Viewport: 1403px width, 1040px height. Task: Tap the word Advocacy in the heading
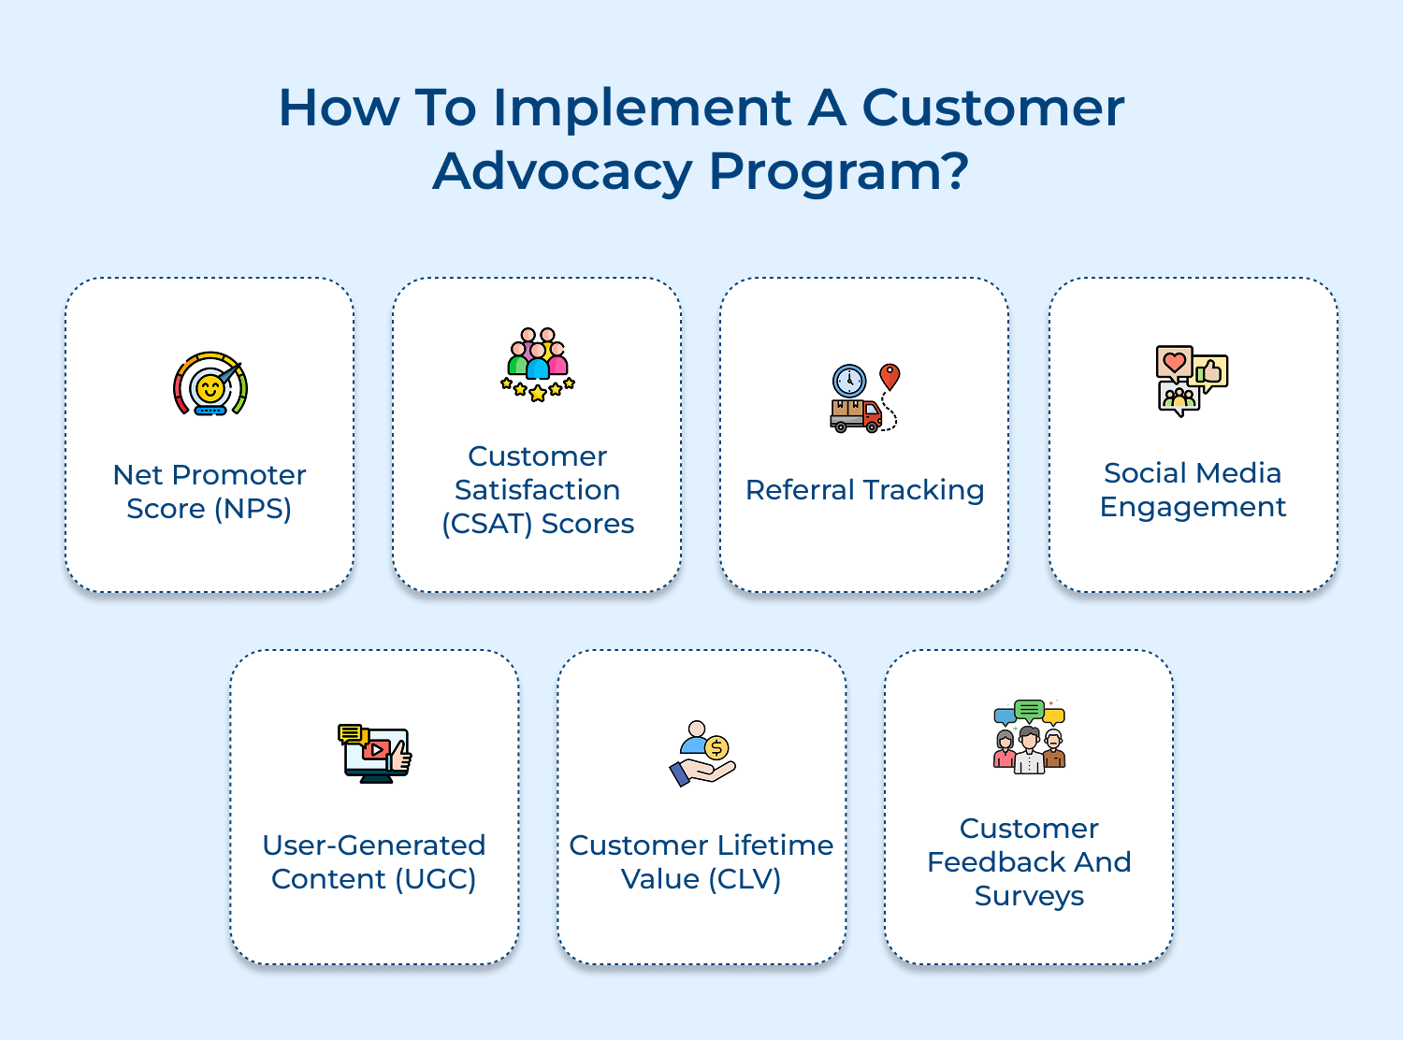coord(562,172)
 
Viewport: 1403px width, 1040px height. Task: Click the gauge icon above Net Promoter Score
coord(210,384)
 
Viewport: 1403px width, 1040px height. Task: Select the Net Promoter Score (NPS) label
coord(210,492)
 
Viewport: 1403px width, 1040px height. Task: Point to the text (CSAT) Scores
coord(538,524)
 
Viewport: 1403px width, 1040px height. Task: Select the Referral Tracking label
coord(864,490)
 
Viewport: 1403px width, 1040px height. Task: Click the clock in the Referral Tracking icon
coord(849,381)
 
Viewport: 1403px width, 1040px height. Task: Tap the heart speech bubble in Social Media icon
coord(1174,362)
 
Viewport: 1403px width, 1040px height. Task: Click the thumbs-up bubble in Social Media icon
coord(1210,373)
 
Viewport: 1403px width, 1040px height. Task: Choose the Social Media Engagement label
coord(1193,490)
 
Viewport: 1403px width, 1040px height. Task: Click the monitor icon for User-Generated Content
coord(375,754)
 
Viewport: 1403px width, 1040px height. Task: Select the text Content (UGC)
coord(373,879)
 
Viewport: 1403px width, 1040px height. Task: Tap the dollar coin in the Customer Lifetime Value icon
coord(716,747)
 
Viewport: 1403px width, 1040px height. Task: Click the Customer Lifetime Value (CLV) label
coord(701,862)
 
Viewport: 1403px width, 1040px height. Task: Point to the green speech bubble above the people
coord(1029,710)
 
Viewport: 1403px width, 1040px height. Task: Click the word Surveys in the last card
coord(1029,896)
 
